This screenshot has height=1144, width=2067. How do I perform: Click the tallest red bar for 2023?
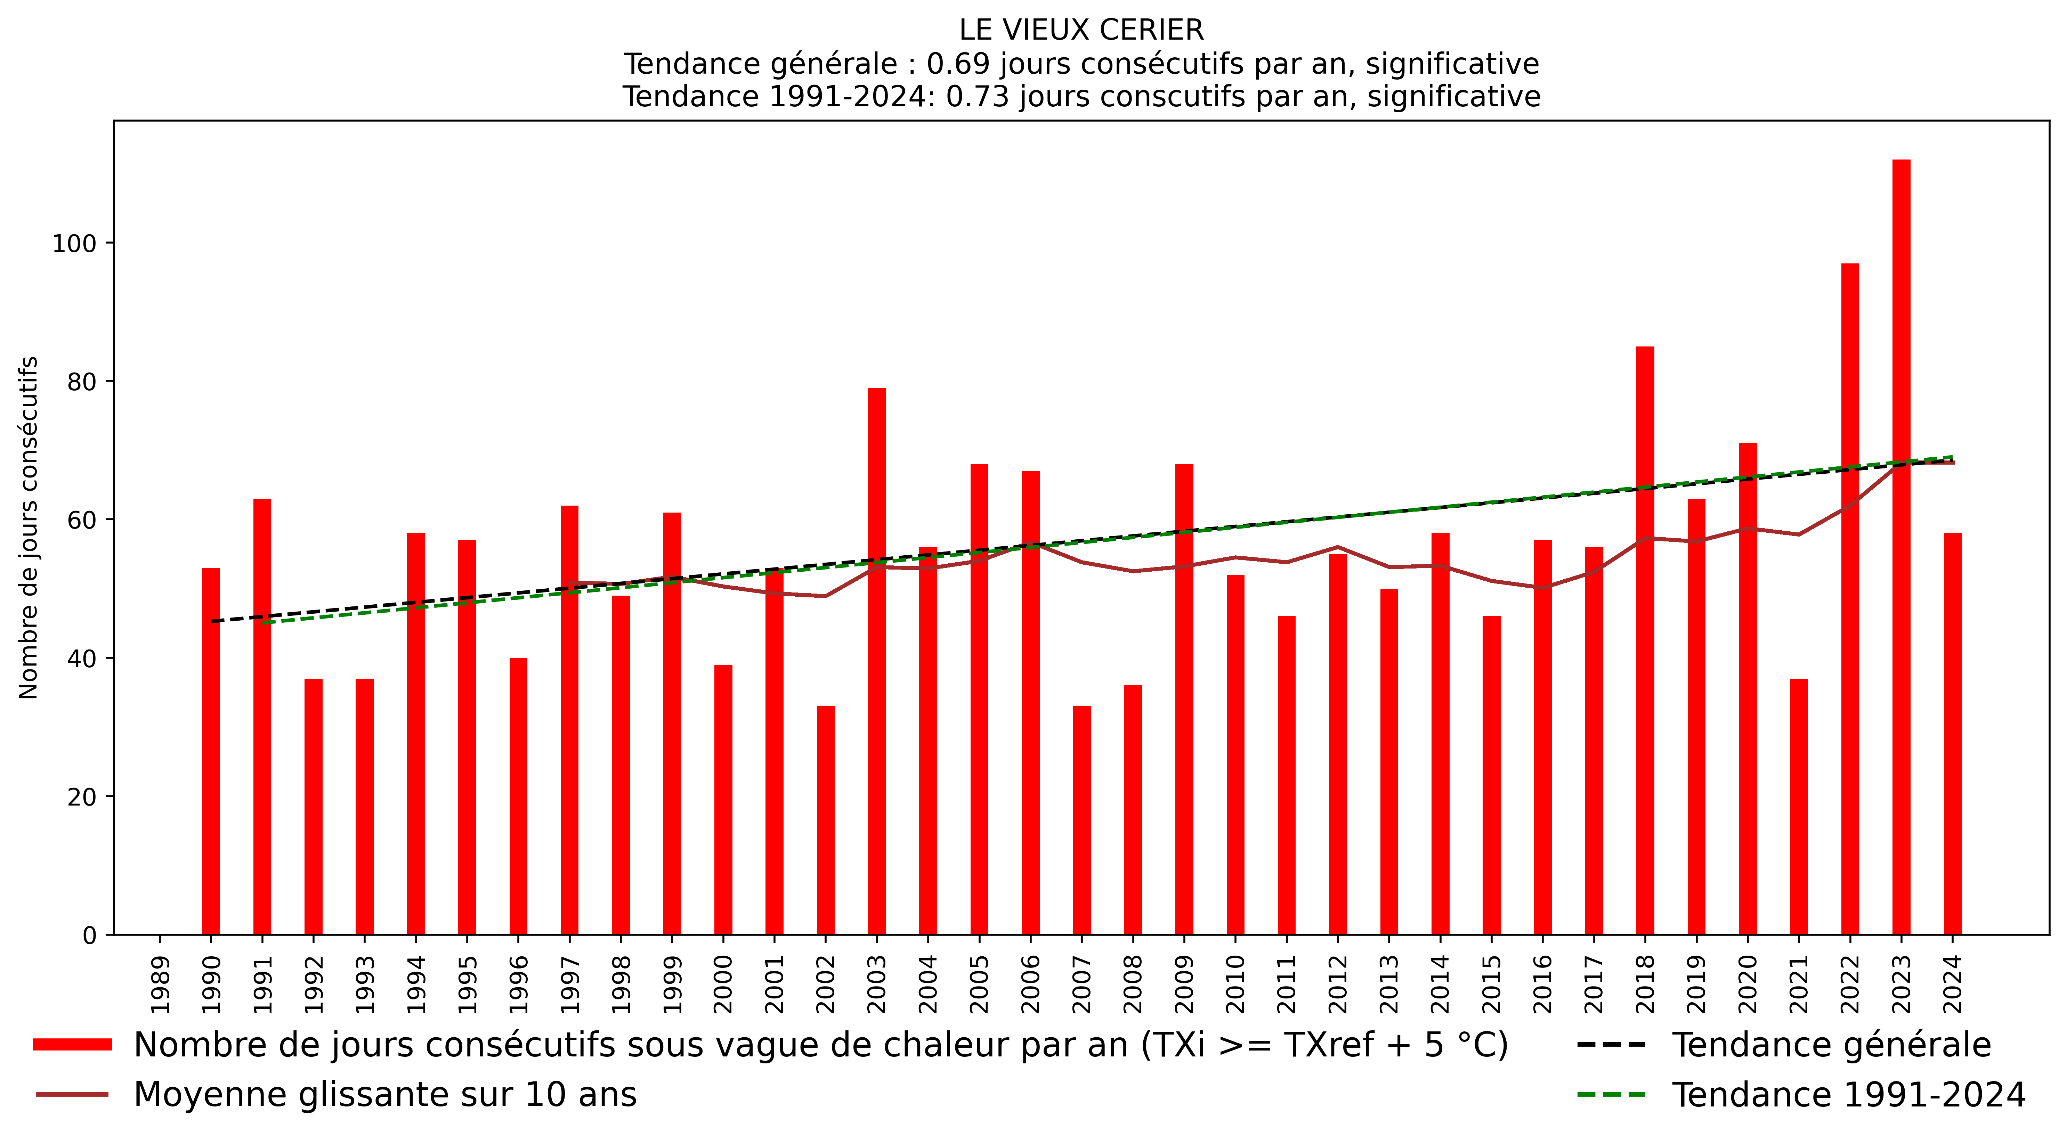(x=1901, y=546)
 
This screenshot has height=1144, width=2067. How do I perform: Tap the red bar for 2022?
(x=1849, y=598)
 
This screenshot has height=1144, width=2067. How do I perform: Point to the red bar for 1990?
(x=211, y=750)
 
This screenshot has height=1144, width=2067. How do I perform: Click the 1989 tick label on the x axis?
(x=161, y=985)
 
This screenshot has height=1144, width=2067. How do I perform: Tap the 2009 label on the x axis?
(x=1184, y=985)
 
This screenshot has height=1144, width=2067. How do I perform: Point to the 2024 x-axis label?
(x=1952, y=985)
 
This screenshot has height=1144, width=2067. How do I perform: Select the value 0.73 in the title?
(x=973, y=97)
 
